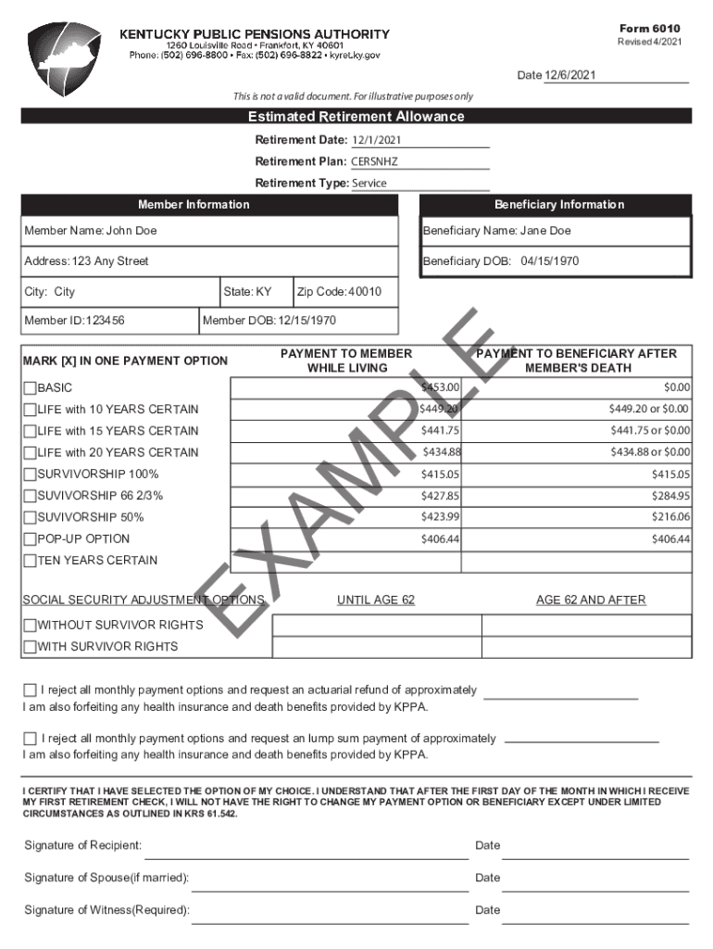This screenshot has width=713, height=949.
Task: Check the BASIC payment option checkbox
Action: click(x=30, y=388)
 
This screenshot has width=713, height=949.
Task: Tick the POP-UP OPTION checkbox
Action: click(x=30, y=539)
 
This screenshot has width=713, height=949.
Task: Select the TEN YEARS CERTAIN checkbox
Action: click(x=30, y=561)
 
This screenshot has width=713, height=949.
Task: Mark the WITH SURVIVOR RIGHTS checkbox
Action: click(x=30, y=647)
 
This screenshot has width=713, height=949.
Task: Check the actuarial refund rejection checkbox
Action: click(x=30, y=690)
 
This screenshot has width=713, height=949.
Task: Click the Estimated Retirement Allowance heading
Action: click(x=356, y=117)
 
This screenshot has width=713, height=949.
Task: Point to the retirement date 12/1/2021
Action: click(x=376, y=140)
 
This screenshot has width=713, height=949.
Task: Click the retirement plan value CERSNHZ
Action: click(x=374, y=161)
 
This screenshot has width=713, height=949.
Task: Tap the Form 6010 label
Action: click(x=656, y=29)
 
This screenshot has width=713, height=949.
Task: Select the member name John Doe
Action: click(x=131, y=231)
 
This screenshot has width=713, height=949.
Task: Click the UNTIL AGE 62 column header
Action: click(x=376, y=601)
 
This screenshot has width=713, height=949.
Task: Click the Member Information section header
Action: click(x=194, y=205)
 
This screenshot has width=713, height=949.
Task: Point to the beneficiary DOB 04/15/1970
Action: click(x=549, y=261)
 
